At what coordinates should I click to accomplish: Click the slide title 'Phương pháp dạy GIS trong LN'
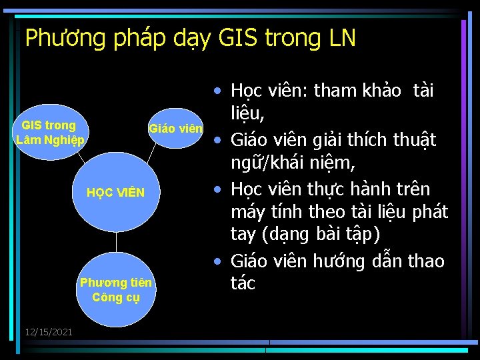[x=190, y=39]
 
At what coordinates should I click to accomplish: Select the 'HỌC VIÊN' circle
[x=116, y=193]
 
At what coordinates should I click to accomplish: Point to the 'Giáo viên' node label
[x=175, y=129]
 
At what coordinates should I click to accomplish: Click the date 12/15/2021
[x=49, y=332]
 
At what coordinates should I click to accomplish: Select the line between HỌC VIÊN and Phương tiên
[x=116, y=243]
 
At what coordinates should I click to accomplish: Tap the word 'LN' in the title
[x=342, y=39]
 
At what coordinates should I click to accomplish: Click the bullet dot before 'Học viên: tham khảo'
[x=217, y=91]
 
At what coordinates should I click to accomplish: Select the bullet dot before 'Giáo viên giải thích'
[x=217, y=141]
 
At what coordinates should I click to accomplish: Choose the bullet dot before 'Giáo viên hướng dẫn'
[x=217, y=261]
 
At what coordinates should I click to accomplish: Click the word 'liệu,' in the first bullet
[x=248, y=115]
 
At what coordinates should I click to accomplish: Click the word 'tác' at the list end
[x=243, y=283]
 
